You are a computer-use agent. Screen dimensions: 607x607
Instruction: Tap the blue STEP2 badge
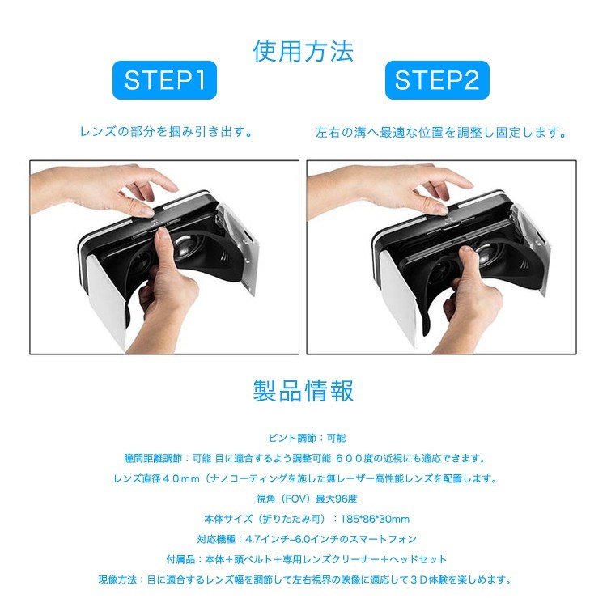[437, 79]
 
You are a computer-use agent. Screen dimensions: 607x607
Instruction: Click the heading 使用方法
[303, 51]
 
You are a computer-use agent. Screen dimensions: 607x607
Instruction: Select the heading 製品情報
[303, 390]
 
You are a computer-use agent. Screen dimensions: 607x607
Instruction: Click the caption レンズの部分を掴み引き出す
[167, 131]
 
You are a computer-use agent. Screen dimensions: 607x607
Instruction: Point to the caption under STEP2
[441, 132]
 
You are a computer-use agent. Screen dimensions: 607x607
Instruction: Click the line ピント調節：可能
[303, 437]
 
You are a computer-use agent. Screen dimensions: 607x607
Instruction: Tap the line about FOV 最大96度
[303, 499]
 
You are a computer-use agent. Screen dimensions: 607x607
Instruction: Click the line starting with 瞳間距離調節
[303, 458]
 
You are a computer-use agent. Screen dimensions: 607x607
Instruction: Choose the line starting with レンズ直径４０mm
[303, 478]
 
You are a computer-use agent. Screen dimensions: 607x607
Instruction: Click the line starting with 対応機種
[303, 539]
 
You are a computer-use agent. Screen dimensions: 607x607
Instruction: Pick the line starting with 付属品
[303, 559]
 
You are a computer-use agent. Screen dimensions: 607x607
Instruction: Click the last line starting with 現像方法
[303, 579]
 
